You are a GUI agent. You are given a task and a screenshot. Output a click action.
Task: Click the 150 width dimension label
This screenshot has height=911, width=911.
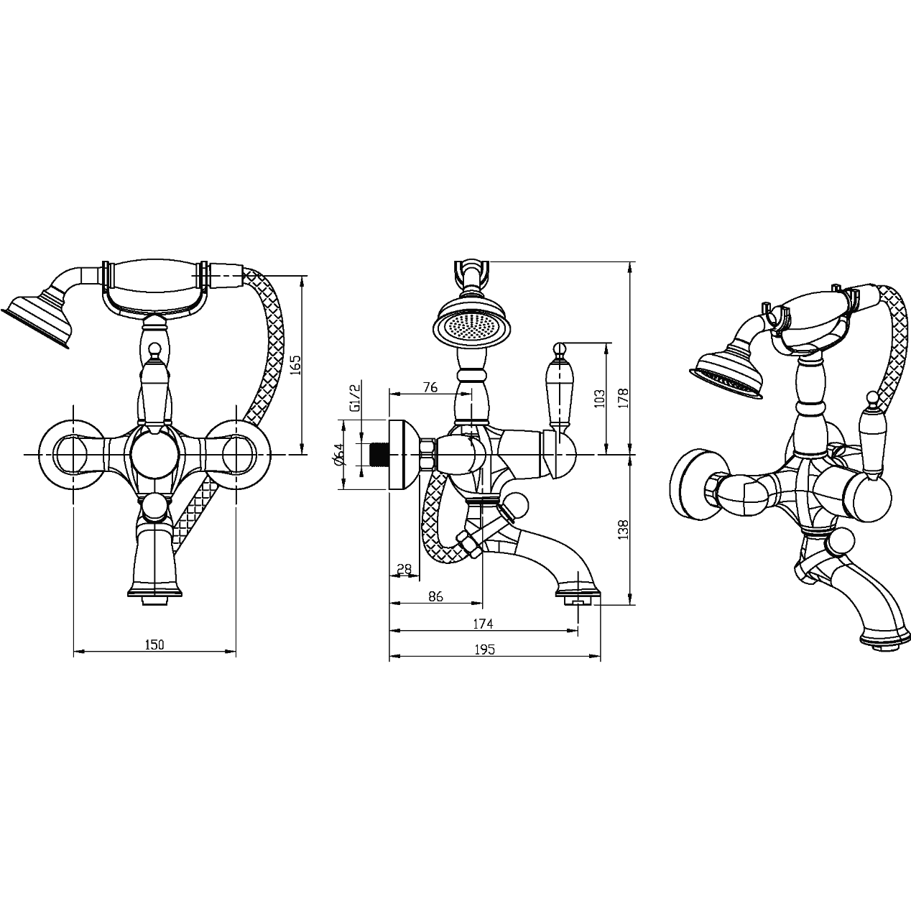coord(154,644)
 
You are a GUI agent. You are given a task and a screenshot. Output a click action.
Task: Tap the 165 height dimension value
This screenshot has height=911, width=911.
coord(295,365)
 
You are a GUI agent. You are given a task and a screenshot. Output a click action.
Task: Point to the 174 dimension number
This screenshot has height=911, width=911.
coord(483,624)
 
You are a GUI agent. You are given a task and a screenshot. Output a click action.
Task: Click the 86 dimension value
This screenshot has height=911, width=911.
coord(435,596)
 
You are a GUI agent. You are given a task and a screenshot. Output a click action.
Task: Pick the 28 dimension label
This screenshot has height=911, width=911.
coord(404,569)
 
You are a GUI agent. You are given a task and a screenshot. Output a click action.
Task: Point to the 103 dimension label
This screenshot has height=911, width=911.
coord(599,398)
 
